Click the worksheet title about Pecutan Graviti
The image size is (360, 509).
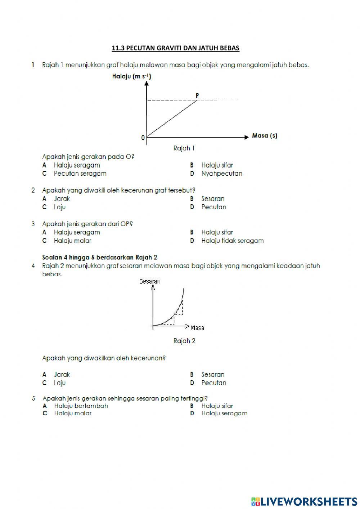click(175, 48)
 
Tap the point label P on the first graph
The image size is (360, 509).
click(197, 95)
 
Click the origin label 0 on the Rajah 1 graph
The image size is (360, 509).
click(143, 138)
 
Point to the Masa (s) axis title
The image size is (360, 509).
click(265, 136)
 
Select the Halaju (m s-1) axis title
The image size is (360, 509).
click(131, 76)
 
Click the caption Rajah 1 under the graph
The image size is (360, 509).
click(184, 148)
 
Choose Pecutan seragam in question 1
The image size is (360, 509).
click(80, 173)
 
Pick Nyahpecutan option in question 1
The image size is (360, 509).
click(221, 173)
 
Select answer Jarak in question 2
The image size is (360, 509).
click(62, 198)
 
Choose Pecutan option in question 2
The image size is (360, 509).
click(213, 207)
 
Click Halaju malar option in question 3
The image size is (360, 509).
click(72, 241)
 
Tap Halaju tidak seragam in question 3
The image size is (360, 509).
click(232, 241)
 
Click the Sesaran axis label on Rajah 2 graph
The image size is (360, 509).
click(150, 281)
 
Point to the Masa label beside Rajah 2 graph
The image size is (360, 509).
click(197, 328)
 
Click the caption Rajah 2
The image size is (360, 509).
click(184, 341)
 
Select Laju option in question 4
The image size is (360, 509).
click(60, 383)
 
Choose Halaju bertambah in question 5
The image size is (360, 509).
click(81, 406)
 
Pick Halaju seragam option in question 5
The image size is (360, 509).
click(224, 413)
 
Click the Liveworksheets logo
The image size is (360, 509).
click(304, 501)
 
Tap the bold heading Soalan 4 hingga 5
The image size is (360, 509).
click(100, 257)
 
